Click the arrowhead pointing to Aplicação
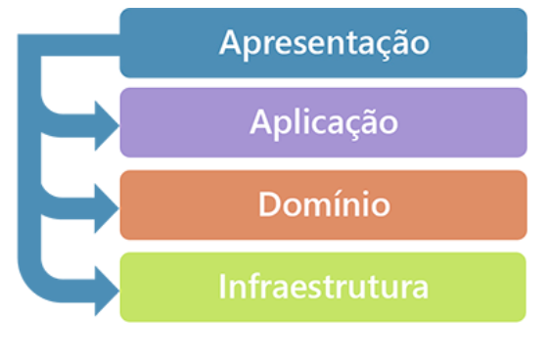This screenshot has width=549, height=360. coord(103,121)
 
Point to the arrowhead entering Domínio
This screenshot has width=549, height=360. coord(103,204)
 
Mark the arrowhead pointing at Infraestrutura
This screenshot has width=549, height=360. coord(103,288)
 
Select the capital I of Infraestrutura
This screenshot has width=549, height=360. coord(223,288)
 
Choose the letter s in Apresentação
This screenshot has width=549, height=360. coord(308,45)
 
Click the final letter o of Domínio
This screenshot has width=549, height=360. coord(379,206)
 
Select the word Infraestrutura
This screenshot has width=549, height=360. coord(323,288)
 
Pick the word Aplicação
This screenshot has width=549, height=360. coord(323,123)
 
